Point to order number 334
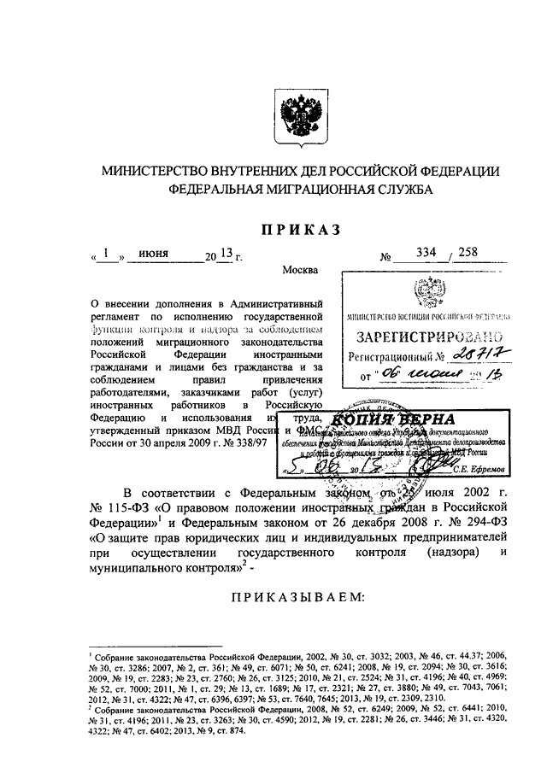pos(424,253)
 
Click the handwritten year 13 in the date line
pos(225,254)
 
